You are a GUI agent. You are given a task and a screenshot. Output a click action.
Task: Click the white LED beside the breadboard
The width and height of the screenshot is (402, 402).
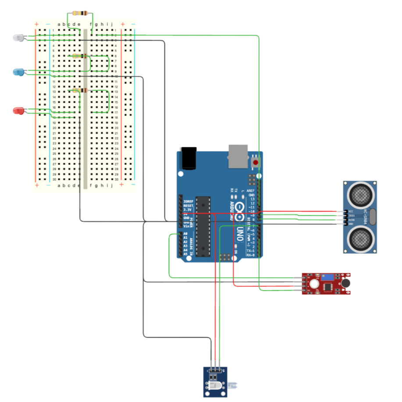point(18,38)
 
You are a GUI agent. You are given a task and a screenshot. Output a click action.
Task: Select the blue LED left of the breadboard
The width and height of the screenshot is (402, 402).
point(18,72)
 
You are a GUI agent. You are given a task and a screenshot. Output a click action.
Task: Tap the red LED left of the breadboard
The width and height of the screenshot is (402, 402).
point(18,111)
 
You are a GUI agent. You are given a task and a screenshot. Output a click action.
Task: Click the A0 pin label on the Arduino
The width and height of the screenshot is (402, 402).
point(185,234)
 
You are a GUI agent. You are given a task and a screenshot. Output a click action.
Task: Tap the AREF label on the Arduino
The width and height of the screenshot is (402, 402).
point(251,191)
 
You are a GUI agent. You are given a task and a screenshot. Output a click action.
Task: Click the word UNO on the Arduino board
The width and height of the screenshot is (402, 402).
point(240,236)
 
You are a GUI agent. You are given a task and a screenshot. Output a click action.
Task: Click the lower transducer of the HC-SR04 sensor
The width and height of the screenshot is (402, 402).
point(361,239)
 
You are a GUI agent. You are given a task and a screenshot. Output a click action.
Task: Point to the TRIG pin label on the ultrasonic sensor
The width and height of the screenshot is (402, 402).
point(351,215)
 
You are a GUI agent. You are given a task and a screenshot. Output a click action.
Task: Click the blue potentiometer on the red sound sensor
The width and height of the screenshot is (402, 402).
point(326,277)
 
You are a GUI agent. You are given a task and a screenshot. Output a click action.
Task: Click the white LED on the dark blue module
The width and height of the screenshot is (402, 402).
point(217,386)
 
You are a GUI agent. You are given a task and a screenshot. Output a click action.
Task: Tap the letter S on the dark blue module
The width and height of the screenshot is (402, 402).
point(224,370)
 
